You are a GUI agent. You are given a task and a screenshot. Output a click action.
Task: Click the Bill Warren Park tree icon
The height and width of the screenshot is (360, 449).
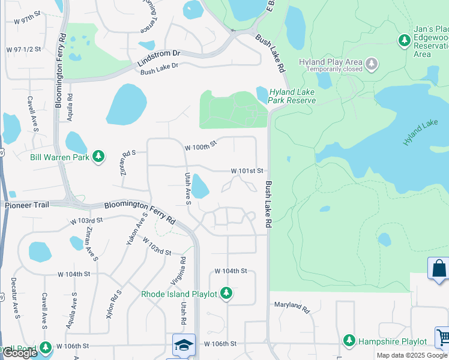pos(98,157)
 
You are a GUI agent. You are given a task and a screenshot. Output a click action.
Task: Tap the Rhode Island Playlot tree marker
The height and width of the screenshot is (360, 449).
pos(226,293)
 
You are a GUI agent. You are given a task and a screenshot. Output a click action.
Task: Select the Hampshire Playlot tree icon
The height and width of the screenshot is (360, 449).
pos(349,341)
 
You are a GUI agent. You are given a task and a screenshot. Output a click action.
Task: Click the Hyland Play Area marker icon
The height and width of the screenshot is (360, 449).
pos(372,62)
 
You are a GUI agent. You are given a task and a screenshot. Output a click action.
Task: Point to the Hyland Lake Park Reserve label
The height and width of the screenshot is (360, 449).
pos(292,96)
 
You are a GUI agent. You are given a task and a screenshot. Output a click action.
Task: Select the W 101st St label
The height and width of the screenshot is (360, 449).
pos(248,171)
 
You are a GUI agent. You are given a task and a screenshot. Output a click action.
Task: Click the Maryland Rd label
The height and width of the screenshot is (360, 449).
pos(291,307)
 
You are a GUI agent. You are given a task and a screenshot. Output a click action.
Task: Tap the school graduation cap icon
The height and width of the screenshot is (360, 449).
pos(184,344)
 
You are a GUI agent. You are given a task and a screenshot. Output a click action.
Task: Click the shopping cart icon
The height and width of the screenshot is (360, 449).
pos(444,338)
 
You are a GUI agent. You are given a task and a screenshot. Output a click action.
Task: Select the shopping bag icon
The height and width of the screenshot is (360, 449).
pos(438,268)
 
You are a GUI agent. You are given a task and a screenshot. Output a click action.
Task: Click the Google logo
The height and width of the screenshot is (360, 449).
pos(20,353)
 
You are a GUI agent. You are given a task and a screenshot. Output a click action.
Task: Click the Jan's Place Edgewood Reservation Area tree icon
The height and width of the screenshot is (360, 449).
pos(405,40)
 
